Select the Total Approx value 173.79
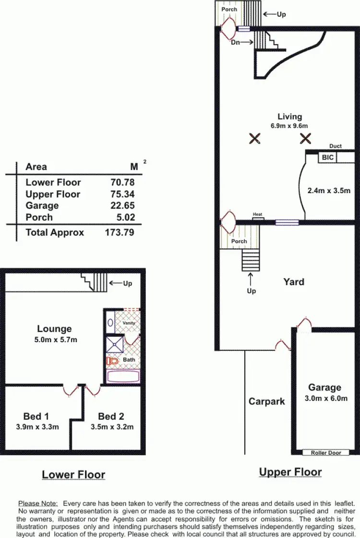(x=119, y=232)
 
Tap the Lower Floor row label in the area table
(x=53, y=182)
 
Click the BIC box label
(x=328, y=157)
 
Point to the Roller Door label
(x=326, y=452)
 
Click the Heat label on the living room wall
(x=258, y=215)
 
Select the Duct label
(x=336, y=146)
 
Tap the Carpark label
(x=267, y=401)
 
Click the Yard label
(x=293, y=281)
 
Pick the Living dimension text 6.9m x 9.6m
(x=289, y=126)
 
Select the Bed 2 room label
(x=111, y=416)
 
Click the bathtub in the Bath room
(x=123, y=376)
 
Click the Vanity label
(x=129, y=323)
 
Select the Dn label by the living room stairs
(x=236, y=42)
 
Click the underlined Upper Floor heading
(x=290, y=472)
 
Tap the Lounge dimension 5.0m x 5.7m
(x=54, y=340)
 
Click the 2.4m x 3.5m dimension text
(x=329, y=190)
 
